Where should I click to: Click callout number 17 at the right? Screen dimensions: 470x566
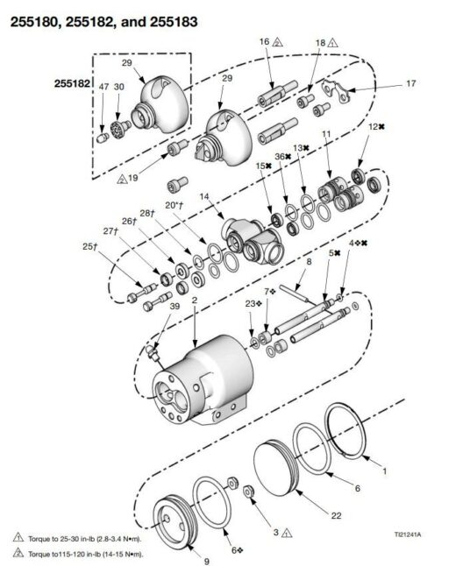coord(411,83)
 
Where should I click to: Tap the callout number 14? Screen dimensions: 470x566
coord(204,196)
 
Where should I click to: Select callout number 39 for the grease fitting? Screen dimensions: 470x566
coord(174,306)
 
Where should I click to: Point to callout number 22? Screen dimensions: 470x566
coord(336,515)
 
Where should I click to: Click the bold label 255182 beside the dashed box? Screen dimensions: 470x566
coord(72,83)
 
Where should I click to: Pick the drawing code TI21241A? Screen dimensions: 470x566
coord(408,534)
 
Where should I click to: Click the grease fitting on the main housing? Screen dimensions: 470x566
coord(153,353)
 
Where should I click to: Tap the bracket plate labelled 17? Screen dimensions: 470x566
coord(336,91)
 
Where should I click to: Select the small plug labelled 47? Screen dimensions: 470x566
coord(103,138)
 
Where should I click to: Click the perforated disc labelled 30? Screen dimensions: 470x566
coord(121,128)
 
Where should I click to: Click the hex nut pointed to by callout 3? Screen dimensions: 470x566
coord(248,492)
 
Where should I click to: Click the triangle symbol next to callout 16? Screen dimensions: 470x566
coord(277,42)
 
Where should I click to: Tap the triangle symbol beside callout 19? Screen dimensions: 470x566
coord(122,179)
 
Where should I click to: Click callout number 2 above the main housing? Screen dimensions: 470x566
coord(195,300)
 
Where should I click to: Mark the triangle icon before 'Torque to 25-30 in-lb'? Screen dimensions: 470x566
coord(18,537)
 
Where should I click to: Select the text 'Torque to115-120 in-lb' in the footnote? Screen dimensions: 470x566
coord(60,554)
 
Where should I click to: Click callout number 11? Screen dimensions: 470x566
coord(326,134)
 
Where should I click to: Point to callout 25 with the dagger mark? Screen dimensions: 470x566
coord(90,246)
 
